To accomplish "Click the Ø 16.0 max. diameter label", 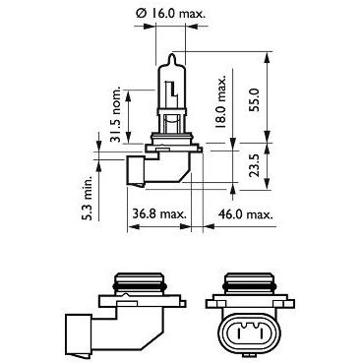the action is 170,14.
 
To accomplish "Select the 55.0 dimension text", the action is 254,99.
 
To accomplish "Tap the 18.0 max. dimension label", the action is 220,102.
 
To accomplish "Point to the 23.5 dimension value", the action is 254,165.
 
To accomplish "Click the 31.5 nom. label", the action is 115,114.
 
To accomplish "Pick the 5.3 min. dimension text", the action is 88,200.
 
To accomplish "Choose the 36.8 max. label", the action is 159,214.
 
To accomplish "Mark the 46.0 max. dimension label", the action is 246,214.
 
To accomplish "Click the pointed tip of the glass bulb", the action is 173,54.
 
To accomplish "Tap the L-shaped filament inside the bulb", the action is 172,90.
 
